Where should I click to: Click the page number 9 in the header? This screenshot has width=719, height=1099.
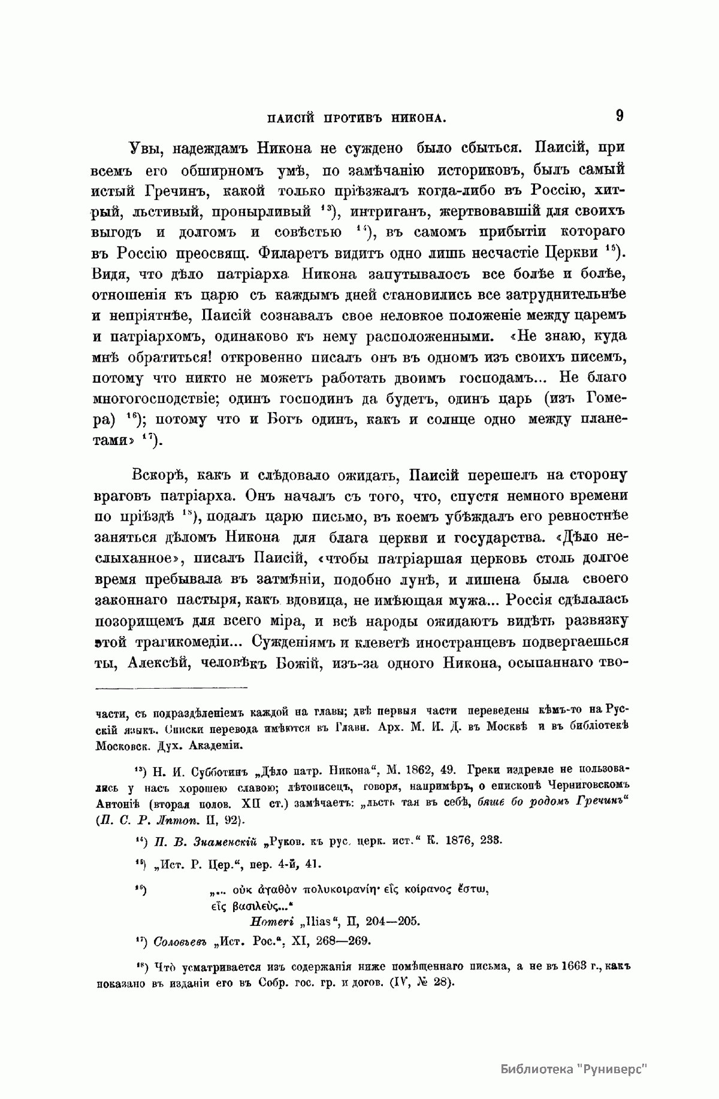tap(619, 115)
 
